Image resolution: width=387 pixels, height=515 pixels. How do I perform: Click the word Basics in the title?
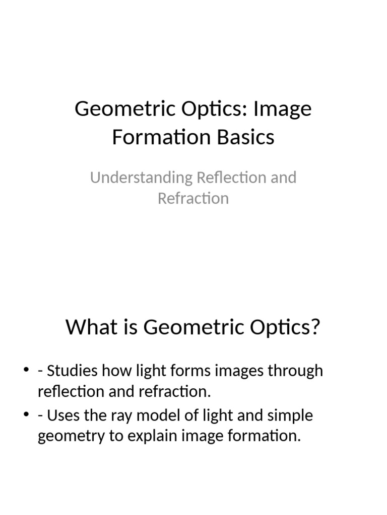click(x=246, y=137)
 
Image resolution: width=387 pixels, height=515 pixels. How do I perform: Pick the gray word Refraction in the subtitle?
click(x=193, y=198)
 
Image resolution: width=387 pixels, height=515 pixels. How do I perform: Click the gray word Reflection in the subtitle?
click(x=228, y=178)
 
